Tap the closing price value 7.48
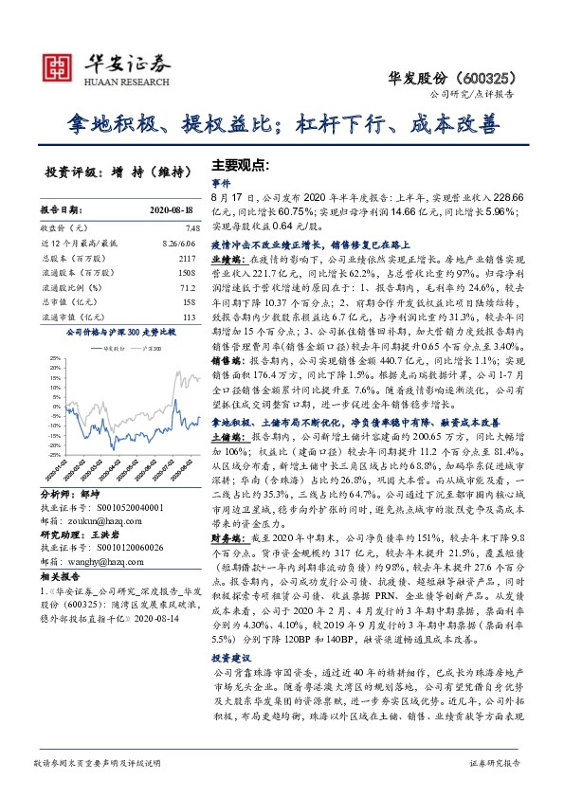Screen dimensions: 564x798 193,227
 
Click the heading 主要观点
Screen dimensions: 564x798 241,163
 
